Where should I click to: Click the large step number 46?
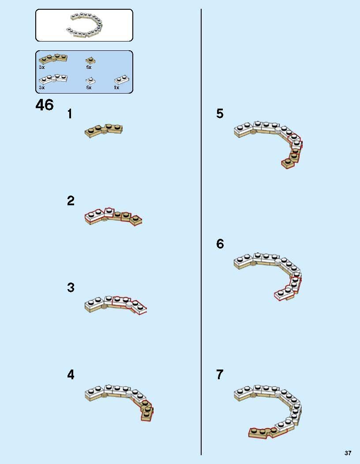(x=45, y=105)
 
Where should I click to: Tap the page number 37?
(x=348, y=453)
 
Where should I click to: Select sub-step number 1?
(x=70, y=114)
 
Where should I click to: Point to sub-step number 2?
(x=71, y=200)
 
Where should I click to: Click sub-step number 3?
(x=71, y=287)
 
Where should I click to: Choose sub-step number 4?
(x=71, y=375)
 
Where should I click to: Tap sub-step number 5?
(x=220, y=113)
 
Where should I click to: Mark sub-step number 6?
(x=220, y=244)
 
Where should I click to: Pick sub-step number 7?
(x=220, y=375)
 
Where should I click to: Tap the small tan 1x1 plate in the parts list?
(x=90, y=60)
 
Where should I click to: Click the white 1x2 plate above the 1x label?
(x=122, y=80)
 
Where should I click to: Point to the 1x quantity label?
(x=116, y=87)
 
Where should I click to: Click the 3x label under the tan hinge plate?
(x=42, y=67)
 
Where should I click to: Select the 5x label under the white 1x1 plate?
(x=89, y=87)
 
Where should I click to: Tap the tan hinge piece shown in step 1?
(x=104, y=131)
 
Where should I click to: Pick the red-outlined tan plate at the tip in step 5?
(x=287, y=163)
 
